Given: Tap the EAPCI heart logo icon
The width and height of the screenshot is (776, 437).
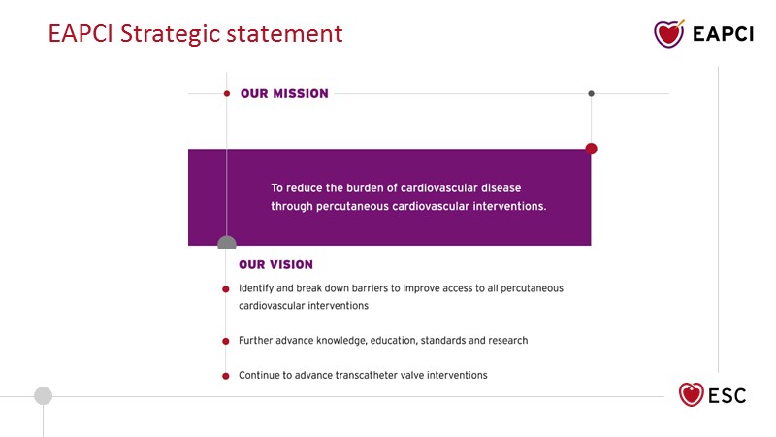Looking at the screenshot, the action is tap(669, 34).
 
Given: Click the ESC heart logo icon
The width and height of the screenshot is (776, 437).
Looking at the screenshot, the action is tap(691, 394).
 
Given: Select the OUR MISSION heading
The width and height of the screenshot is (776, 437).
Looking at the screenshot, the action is tap(284, 93).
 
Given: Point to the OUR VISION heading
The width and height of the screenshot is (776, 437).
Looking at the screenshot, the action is tap(275, 264).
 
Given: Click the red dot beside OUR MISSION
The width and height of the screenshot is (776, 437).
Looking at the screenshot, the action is tap(227, 93).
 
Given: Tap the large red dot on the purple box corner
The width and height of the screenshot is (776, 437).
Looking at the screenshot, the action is tap(591, 149).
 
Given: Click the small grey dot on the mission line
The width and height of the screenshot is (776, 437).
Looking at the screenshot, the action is tap(591, 93).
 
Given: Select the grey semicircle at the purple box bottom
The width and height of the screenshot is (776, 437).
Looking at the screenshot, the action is tap(227, 242).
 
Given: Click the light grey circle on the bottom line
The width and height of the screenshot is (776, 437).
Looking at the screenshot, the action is tap(43, 396).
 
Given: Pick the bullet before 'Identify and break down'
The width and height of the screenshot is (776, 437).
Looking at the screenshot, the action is tap(226, 289).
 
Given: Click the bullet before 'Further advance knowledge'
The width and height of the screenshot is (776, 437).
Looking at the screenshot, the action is tap(226, 341).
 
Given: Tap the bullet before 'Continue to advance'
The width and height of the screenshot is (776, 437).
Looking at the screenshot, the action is tap(226, 376).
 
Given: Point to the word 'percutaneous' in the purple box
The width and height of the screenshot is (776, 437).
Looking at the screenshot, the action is tap(352, 206).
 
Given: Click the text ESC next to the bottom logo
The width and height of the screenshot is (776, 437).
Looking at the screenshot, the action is tap(727, 396).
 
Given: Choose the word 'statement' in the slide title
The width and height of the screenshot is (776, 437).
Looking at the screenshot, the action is tap(284, 35).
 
